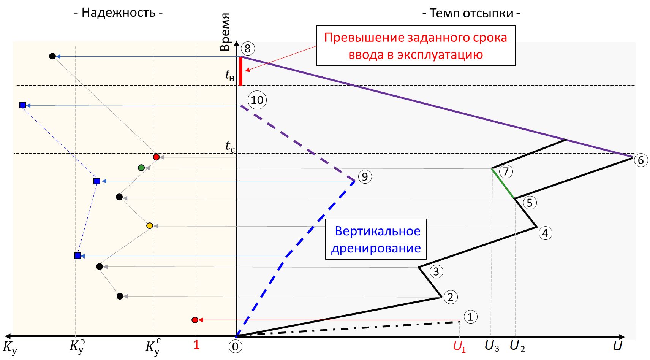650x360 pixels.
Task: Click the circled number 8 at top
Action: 248,49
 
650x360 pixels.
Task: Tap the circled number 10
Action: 257,100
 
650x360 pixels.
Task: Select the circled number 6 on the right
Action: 641,160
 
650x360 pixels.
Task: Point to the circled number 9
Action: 365,177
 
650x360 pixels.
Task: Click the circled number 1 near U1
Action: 470,317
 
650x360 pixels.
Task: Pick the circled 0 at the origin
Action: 236,346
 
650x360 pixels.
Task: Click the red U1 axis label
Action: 459,346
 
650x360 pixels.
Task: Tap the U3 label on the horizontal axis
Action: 492,346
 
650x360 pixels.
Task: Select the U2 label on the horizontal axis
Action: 517,346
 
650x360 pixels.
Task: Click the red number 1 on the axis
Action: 196,345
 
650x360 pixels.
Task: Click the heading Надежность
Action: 118,13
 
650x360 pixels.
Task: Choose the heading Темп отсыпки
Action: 471,13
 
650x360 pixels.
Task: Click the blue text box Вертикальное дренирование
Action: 376,239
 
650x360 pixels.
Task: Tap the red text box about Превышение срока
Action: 416,46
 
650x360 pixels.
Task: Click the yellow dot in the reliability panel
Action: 150,226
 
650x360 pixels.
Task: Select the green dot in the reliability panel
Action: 141,168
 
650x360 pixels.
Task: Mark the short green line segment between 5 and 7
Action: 503,183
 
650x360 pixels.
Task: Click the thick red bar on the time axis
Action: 241,71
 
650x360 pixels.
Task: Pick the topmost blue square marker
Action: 23,105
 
